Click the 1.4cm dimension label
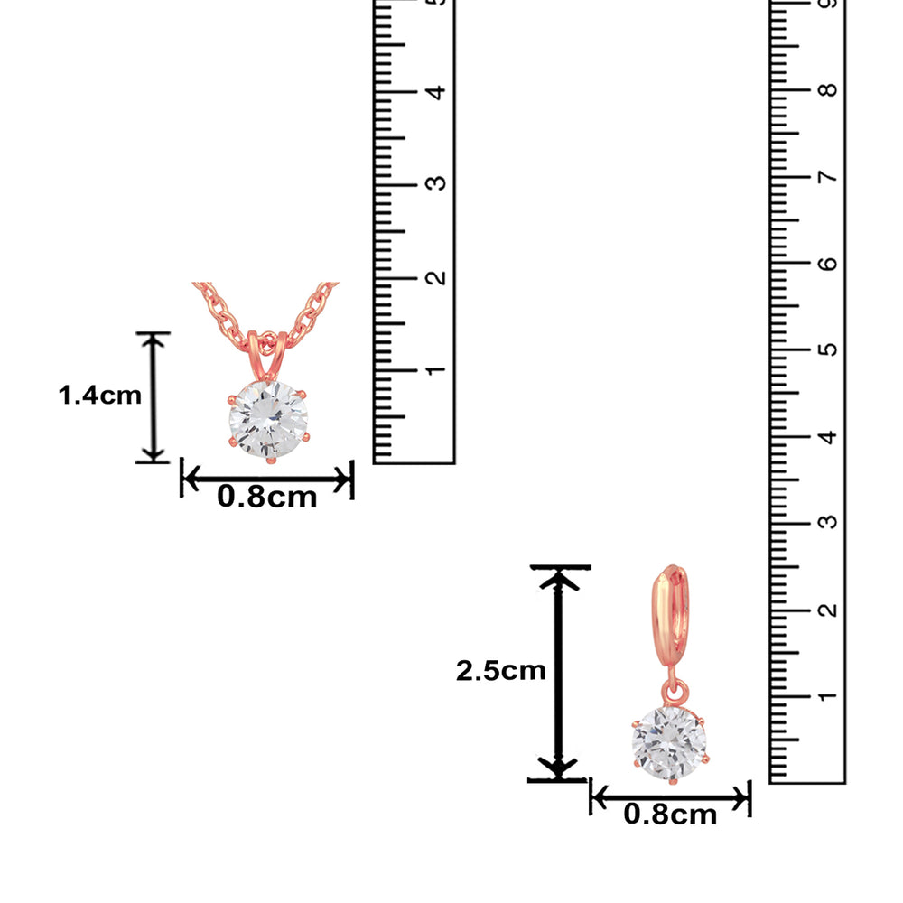(x=99, y=396)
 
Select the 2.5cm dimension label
(x=500, y=670)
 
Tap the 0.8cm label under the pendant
(x=266, y=497)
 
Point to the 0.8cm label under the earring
(x=670, y=815)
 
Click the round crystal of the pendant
(x=268, y=419)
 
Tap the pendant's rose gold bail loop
(x=267, y=355)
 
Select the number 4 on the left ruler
(x=436, y=92)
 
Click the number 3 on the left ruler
(x=436, y=183)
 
